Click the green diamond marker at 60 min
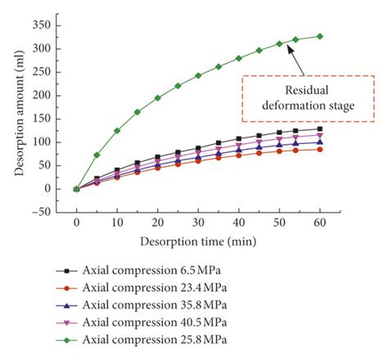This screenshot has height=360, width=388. pyautogui.click(x=319, y=36)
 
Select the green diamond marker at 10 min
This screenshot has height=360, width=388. pyautogui.click(x=117, y=130)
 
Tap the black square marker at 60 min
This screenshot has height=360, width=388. pyautogui.click(x=319, y=129)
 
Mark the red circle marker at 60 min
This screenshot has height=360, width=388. pyautogui.click(x=319, y=149)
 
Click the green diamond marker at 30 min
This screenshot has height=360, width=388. pyautogui.click(x=198, y=75)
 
